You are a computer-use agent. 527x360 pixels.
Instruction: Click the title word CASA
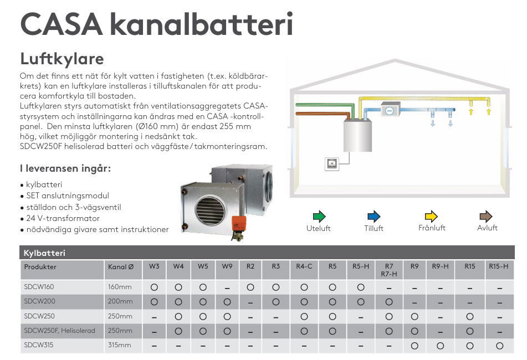[62, 24]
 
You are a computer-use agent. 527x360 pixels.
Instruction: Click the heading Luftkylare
[62, 59]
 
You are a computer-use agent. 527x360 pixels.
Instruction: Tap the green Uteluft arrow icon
[319, 216]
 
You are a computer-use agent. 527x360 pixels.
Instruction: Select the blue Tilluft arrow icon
[373, 216]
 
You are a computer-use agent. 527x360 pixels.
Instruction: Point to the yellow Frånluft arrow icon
[431, 216]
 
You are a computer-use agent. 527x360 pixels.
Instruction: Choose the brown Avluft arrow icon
[486, 216]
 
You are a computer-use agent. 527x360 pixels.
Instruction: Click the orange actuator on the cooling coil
[239, 223]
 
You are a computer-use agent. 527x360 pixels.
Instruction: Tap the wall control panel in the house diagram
[332, 164]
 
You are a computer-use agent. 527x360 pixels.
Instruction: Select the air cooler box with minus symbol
[390, 110]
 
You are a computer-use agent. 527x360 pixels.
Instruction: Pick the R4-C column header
[304, 266]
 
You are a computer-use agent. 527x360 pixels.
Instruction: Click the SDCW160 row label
[39, 287]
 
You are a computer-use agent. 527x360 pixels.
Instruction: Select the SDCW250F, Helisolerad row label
[59, 331]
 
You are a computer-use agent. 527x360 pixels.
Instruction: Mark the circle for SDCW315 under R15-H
[500, 346]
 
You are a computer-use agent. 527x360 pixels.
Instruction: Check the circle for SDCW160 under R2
[250, 287]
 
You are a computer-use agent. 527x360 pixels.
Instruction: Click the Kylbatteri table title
[44, 253]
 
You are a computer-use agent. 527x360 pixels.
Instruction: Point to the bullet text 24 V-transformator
[63, 218]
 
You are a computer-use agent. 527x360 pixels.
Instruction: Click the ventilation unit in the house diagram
[357, 135]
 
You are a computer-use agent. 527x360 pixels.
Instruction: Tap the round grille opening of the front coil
[210, 210]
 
